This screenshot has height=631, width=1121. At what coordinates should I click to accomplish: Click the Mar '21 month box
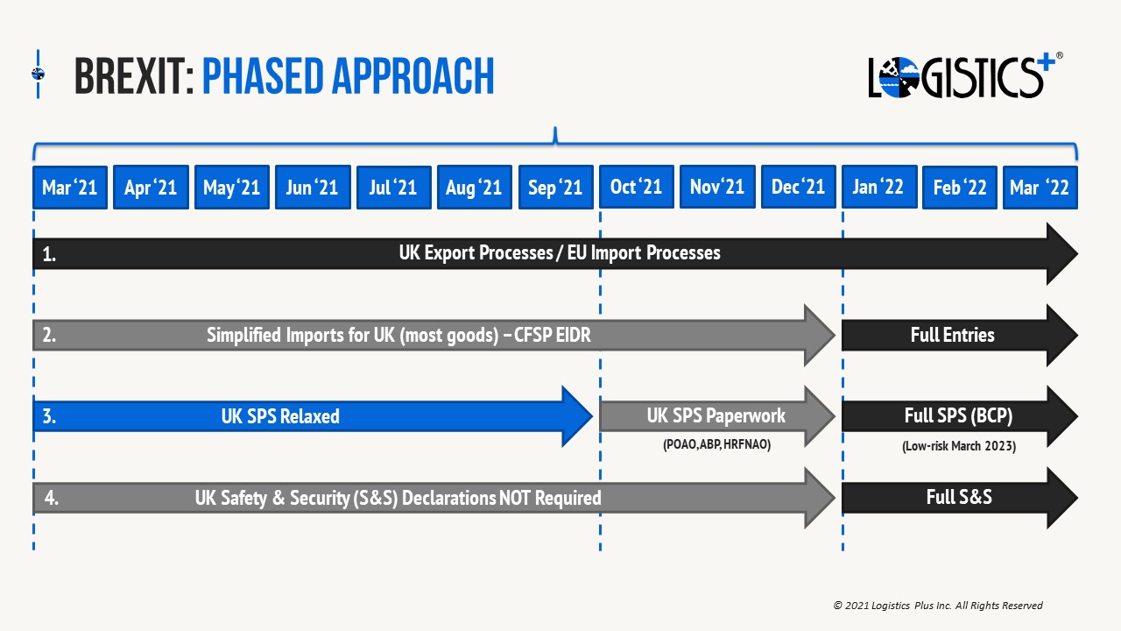coord(70,188)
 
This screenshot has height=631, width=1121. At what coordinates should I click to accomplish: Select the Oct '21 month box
coord(637,187)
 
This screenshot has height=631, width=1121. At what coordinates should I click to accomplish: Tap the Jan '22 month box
coord(879,187)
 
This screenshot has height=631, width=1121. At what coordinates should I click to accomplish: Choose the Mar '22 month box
coord(1040,188)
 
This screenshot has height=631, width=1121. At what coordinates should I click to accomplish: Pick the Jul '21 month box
coord(394,188)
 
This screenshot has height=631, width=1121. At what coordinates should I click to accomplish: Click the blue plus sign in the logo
coord(1045,65)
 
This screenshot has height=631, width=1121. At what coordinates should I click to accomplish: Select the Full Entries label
coord(952,335)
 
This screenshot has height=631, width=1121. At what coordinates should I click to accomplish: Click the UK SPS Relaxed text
coord(280,416)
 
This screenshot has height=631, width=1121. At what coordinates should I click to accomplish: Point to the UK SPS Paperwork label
coord(716,415)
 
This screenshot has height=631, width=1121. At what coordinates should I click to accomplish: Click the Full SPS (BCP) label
coord(958,415)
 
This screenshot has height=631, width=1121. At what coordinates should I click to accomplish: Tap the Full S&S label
coord(959,497)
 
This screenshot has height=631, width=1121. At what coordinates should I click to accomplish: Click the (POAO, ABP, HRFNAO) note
coord(716,444)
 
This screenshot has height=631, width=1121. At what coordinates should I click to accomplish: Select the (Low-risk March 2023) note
coord(959,446)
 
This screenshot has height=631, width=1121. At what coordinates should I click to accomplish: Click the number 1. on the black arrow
coord(49,254)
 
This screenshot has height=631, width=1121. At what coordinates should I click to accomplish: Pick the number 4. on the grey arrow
coord(52,498)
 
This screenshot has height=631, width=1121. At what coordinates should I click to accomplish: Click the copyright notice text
coord(938,606)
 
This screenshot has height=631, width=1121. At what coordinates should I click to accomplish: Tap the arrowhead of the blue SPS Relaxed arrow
coord(576,416)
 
